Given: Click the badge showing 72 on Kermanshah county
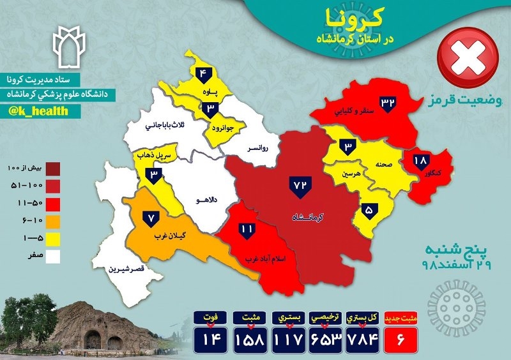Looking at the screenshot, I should (300, 184).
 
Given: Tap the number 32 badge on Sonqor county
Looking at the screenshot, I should (389, 102).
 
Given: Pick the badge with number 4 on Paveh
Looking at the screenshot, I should (204, 73).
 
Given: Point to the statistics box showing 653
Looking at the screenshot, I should (326, 337).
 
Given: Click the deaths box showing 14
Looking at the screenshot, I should (211, 337).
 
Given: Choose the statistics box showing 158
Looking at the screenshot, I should (249, 337).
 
